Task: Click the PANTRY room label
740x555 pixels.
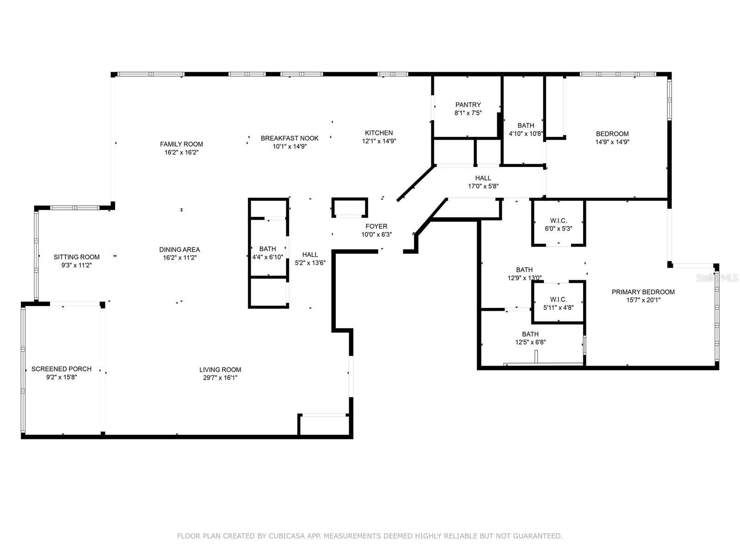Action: click(x=468, y=105)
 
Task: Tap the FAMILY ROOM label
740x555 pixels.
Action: click(x=181, y=144)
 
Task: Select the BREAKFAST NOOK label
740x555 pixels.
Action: click(x=290, y=138)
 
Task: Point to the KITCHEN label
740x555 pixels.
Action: click(x=379, y=133)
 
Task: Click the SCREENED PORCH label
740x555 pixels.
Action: click(x=62, y=369)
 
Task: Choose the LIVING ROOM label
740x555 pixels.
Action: click(x=220, y=370)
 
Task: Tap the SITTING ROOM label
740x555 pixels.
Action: click(x=76, y=257)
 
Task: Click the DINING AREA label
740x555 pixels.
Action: click(x=180, y=250)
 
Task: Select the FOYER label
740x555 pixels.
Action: click(x=376, y=227)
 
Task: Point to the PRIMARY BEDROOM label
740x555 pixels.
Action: click(x=643, y=292)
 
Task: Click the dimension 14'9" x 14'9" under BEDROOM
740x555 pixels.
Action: click(x=612, y=142)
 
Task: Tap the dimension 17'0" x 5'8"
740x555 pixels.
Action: click(x=483, y=186)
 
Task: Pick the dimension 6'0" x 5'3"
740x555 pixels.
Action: click(x=559, y=229)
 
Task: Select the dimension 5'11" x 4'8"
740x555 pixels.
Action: click(x=559, y=308)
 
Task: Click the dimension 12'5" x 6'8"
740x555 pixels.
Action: click(x=530, y=342)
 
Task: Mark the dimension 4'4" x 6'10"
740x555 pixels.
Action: click(x=268, y=257)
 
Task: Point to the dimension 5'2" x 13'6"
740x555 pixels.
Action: click(x=310, y=263)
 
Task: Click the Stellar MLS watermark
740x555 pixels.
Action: click(x=717, y=278)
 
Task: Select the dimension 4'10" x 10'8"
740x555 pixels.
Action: click(x=526, y=134)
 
